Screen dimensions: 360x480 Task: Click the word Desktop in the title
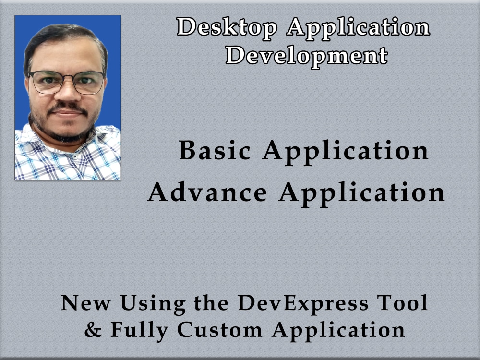pos(227,27)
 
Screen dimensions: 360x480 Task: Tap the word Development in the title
pos(307,55)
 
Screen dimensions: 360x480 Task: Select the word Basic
pos(215,151)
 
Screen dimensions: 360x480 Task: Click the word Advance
pos(207,192)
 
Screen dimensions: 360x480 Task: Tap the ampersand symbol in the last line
pos(93,330)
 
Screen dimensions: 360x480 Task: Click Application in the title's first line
pos(358,28)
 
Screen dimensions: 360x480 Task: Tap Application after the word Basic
pos(346,152)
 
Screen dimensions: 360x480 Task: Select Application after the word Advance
pos(362,193)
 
